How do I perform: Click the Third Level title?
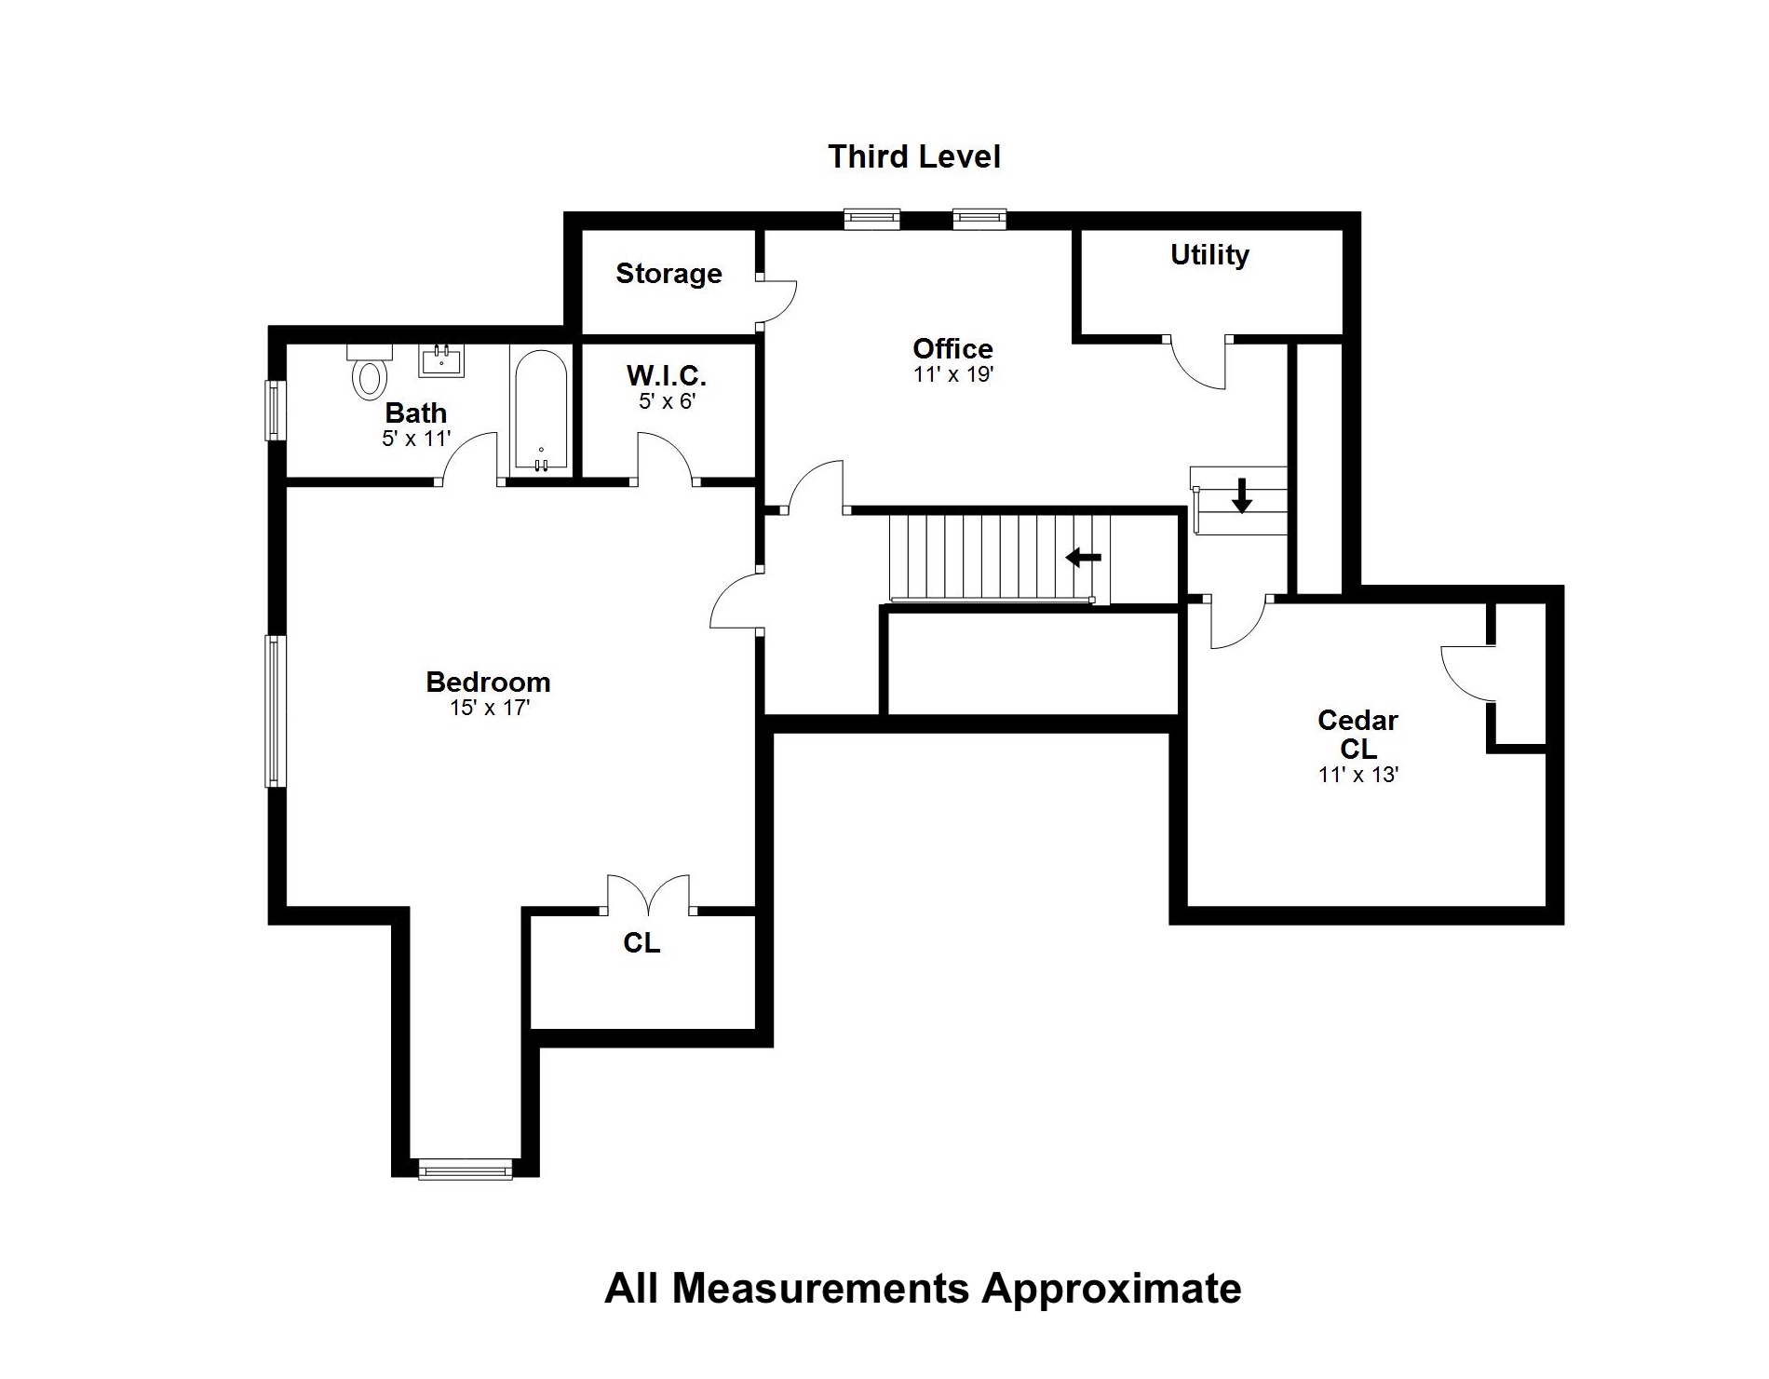tap(914, 156)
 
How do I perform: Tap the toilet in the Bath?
tap(370, 372)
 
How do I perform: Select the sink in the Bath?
tap(441, 360)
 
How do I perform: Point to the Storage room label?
tap(668, 273)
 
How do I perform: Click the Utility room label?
tap(1209, 255)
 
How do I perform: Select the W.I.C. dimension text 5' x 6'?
tap(668, 401)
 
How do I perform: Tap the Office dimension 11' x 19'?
tap(952, 374)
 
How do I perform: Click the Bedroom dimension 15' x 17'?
tap(489, 708)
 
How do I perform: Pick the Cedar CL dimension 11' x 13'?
tap(1358, 775)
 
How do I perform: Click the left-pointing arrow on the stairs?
tap(1083, 558)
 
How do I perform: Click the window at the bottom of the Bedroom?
tap(466, 1169)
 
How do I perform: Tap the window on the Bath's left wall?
tap(274, 410)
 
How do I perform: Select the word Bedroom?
tap(488, 682)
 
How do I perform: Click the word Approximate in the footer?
tap(1112, 1290)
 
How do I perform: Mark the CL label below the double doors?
tap(641, 943)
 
